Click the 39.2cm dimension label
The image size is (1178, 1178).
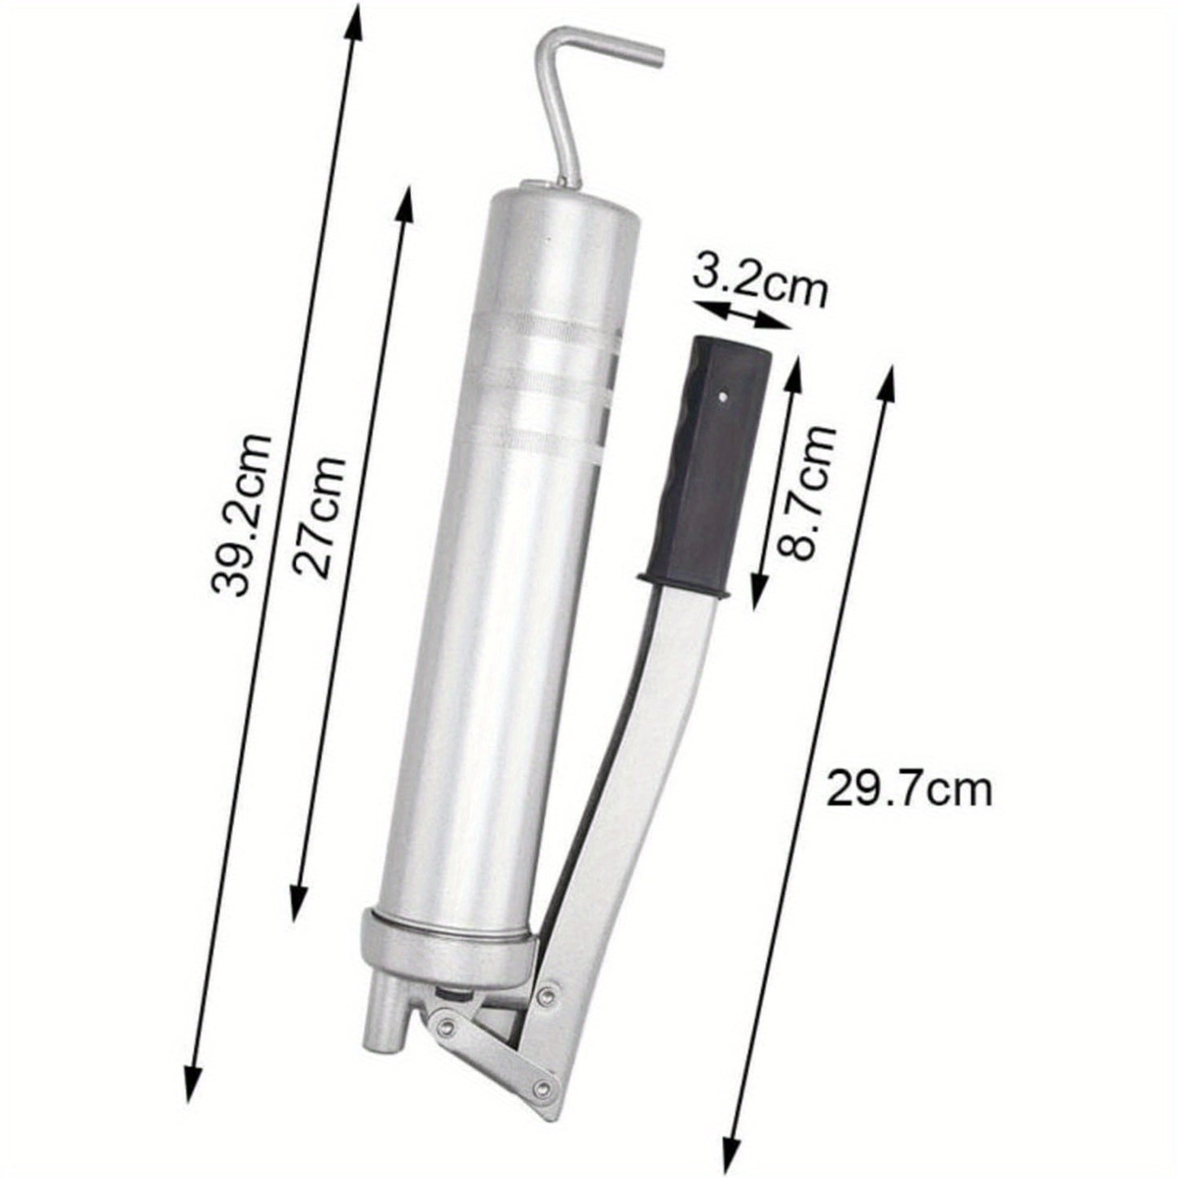[239, 514]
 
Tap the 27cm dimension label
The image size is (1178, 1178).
[319, 517]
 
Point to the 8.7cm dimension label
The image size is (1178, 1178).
[805, 492]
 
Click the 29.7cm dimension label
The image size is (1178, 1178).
[910, 788]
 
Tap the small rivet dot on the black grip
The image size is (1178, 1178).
[724, 397]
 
